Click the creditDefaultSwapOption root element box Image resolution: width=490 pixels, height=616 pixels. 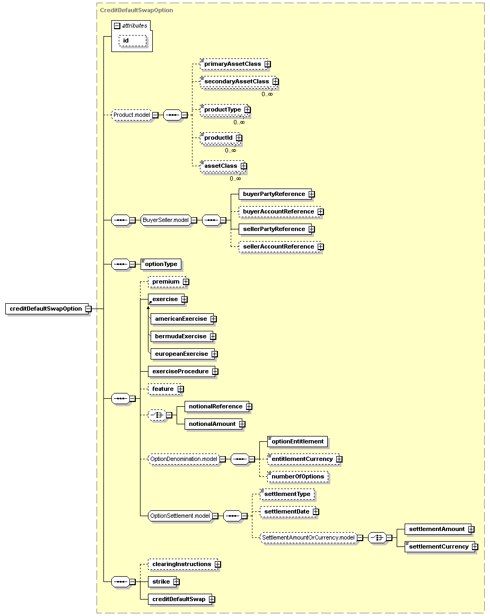pyautogui.click(x=46, y=309)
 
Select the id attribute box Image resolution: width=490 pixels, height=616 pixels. pyautogui.click(x=133, y=40)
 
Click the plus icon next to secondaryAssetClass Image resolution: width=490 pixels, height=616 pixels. pyautogui.click(x=276, y=81)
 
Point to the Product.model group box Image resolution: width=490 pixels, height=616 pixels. pyautogui.click(x=132, y=115)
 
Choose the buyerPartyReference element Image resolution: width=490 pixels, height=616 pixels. pyautogui.click(x=275, y=194)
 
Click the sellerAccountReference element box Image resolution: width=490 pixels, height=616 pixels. pyautogui.click(x=279, y=247)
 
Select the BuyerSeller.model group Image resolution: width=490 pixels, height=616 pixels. pyautogui.click(x=166, y=220)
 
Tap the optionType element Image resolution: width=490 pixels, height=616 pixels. pyautogui.click(x=161, y=264)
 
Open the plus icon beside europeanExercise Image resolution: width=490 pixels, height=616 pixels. pyautogui.click(x=215, y=354)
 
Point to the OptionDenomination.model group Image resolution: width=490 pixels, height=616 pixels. pyautogui.click(x=183, y=459)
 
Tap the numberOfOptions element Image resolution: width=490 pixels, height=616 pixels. pyautogui.click(x=298, y=476)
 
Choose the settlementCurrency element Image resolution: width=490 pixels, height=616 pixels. pyautogui.click(x=440, y=546)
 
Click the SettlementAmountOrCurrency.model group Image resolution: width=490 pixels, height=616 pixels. pyautogui.click(x=308, y=537)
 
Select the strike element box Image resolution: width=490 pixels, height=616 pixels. pyautogui.click(x=162, y=582)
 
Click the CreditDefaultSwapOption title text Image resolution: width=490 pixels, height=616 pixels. pyautogui.click(x=136, y=10)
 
